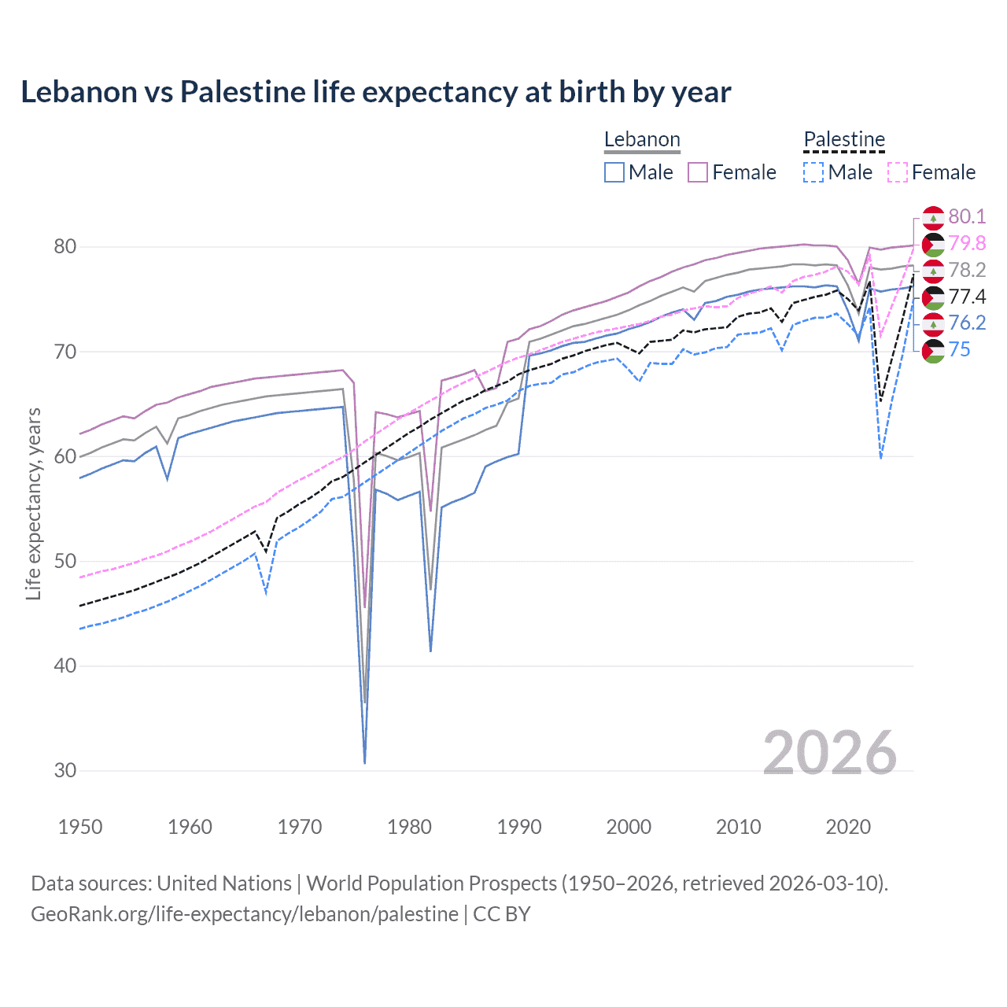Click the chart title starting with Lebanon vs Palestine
(x=375, y=92)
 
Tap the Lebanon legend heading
(x=642, y=140)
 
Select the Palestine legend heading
(x=844, y=140)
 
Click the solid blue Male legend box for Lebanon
(x=614, y=172)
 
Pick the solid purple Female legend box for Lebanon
(x=698, y=172)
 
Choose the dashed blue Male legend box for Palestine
(x=813, y=172)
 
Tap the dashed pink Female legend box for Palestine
(x=898, y=172)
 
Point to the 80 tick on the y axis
(x=65, y=247)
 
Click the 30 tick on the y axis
(x=65, y=771)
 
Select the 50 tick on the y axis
(x=65, y=562)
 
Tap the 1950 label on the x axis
(x=80, y=827)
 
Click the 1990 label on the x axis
(x=519, y=827)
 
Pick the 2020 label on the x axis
(x=848, y=827)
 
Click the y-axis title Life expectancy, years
(x=34, y=503)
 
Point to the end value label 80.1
(x=967, y=217)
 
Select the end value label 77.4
(x=967, y=297)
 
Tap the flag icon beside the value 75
(x=933, y=351)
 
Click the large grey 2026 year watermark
(x=830, y=754)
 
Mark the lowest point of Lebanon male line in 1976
(x=365, y=762)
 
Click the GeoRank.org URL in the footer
(x=245, y=914)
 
